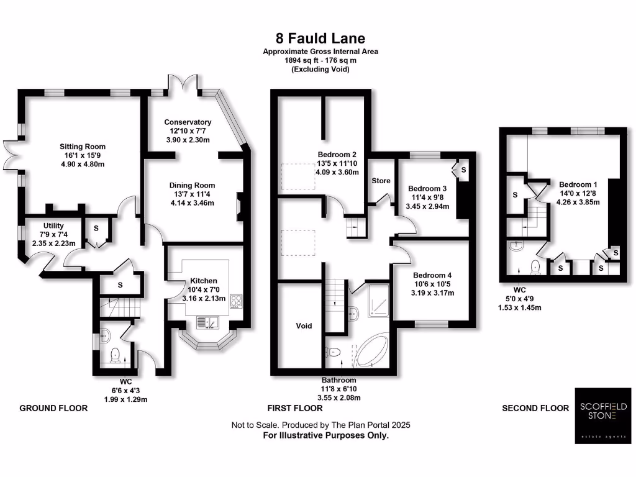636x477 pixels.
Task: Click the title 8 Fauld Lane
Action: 320,39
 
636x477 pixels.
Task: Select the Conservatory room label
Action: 188,122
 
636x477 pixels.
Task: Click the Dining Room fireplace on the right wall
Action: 240,207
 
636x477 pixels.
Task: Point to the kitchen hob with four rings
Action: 237,301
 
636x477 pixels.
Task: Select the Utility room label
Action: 53,225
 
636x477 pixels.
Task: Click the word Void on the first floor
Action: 304,326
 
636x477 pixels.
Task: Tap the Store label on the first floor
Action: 381,181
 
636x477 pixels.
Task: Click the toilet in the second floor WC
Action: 535,266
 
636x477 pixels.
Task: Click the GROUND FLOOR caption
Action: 53,408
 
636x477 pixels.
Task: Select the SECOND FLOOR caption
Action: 535,408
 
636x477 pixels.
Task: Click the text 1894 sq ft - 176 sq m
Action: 320,60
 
